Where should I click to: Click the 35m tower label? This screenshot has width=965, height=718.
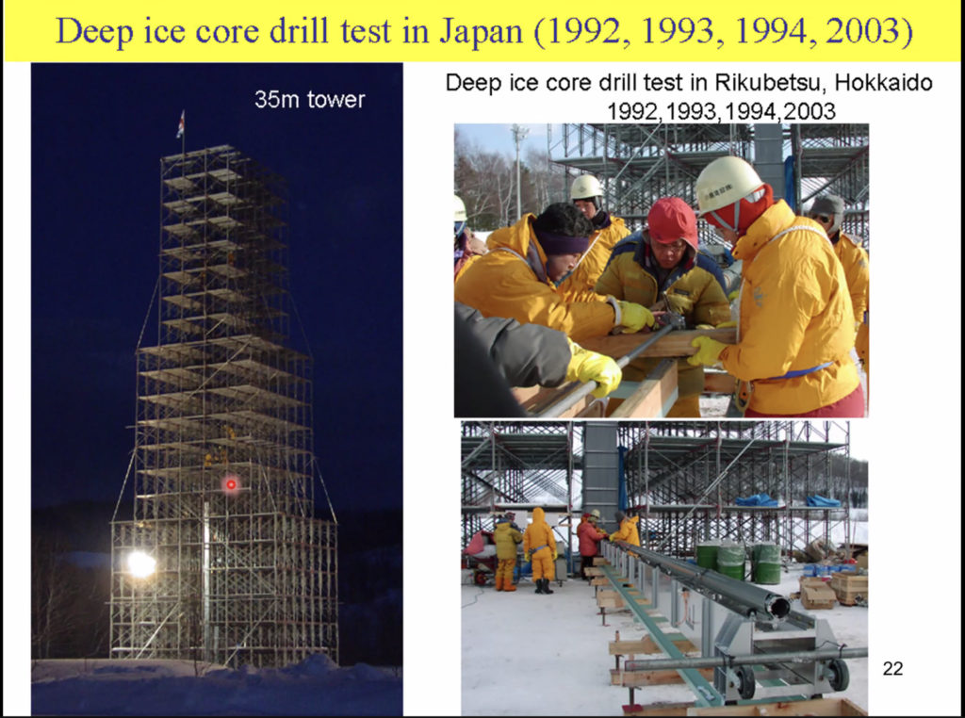click(x=309, y=100)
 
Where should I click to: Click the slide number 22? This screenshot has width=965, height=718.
click(x=892, y=668)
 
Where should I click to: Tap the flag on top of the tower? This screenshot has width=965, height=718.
click(x=180, y=124)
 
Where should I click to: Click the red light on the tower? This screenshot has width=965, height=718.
click(x=231, y=485)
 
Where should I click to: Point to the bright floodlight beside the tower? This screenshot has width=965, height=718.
click(x=141, y=564)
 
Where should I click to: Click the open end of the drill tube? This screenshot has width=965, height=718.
click(x=779, y=608)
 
